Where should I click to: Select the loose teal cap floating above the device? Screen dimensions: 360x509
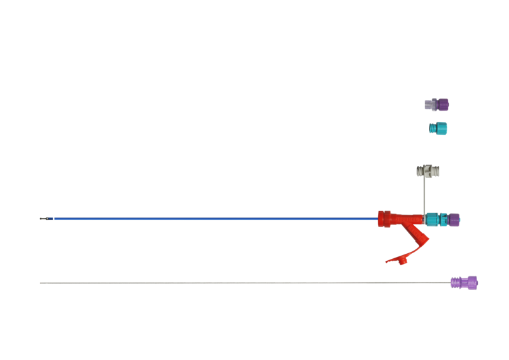pos(438,128)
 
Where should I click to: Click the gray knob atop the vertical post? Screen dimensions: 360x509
pos(428,171)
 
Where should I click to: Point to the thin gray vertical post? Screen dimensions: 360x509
pos(424,194)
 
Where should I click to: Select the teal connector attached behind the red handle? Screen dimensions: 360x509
pos(436,219)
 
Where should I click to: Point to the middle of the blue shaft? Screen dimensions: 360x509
pos(216,219)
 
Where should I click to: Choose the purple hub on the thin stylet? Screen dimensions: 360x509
pos(464,282)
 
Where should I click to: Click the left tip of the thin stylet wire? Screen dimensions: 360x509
pos(40,283)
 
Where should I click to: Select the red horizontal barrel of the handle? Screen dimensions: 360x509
pos(401,218)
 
